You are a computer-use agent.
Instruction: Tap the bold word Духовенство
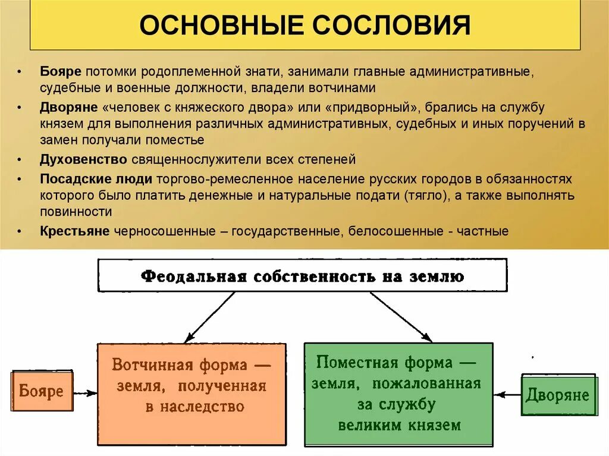(x=84, y=159)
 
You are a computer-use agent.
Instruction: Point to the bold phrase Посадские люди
(x=96, y=179)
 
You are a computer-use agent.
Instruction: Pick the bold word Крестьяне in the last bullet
(x=75, y=231)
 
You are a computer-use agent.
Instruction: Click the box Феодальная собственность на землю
(x=303, y=275)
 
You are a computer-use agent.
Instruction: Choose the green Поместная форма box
(x=398, y=394)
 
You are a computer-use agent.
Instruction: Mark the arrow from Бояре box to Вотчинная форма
(x=84, y=393)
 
